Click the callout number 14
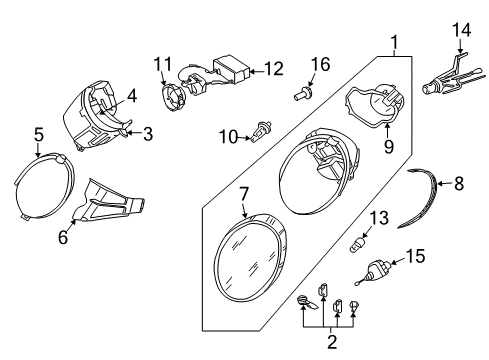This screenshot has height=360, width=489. tap(461, 30)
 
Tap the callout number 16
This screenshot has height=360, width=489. tap(320, 64)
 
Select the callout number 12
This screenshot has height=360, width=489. tap(274, 69)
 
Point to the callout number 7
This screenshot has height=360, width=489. tap(244, 194)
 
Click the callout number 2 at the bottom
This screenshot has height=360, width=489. tap(332, 342)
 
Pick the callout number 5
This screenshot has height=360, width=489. tap(39, 135)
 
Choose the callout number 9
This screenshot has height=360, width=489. tap(389, 146)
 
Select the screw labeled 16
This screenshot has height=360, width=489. tap(303, 93)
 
